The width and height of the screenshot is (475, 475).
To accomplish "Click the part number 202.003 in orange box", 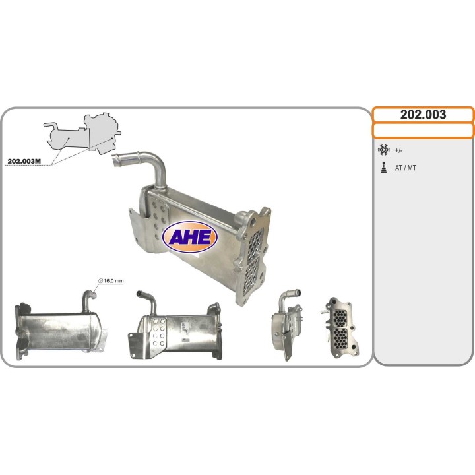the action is coord(423,115).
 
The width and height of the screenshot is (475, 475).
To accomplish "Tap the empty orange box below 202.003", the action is coord(423,131).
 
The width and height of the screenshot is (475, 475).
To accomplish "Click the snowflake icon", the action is coord(383,150).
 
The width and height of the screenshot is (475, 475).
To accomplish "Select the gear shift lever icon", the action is coord(384,168).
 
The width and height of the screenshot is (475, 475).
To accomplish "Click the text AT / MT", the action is coord(405,168).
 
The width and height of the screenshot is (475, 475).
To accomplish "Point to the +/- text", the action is coord(398,150).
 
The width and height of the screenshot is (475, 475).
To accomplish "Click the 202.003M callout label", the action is coord(24,161).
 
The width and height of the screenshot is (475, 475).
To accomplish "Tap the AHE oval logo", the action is coord(190,237).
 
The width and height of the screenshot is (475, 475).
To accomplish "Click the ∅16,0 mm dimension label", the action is coord(111,281).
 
